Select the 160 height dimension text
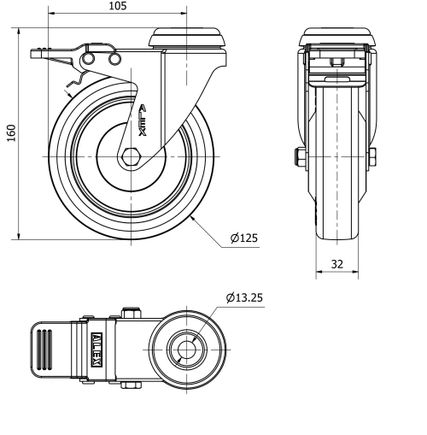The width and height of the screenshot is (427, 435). [x=9, y=134]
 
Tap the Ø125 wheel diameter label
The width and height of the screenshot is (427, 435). [x=243, y=238]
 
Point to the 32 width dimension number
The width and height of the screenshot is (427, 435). [x=337, y=264]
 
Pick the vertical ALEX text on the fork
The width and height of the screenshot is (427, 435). [x=142, y=119]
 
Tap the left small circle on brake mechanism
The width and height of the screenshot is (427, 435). [x=88, y=58]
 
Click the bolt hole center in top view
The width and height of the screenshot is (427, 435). [x=187, y=349]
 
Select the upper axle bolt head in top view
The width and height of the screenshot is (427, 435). [x=131, y=310]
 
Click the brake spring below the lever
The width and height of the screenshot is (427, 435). [x=67, y=82]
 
